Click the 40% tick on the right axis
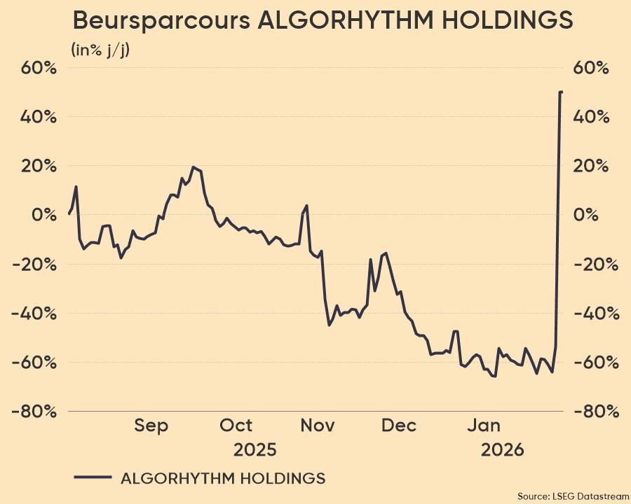click(x=591, y=117)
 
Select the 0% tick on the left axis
click(x=43, y=215)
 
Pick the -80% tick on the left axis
click(x=34, y=411)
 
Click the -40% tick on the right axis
click(x=595, y=313)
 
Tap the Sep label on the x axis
click(x=151, y=426)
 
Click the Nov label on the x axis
click(x=318, y=426)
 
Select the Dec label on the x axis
click(x=400, y=426)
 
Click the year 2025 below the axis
click(x=255, y=449)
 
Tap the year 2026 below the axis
click(x=502, y=449)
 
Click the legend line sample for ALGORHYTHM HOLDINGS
click(x=93, y=478)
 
